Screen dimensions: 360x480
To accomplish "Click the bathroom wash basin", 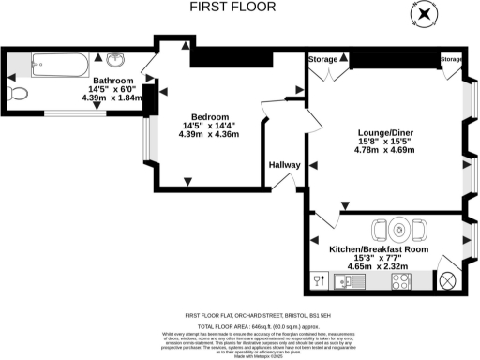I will [114, 62].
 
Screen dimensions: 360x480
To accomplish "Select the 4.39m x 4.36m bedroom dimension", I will [208, 134].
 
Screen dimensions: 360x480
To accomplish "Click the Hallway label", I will [284, 165].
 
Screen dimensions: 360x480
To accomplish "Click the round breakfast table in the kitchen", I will [399, 229].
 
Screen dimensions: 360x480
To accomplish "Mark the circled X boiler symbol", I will [446, 279].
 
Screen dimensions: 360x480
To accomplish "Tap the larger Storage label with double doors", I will [323, 59].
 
